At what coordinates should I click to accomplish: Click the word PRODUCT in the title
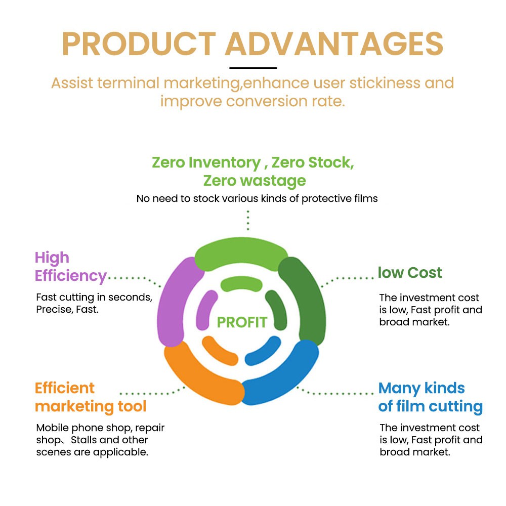139,44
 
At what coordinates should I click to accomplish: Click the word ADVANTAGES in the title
334,44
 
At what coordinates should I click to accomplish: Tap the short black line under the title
253,68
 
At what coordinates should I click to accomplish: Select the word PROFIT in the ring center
242,322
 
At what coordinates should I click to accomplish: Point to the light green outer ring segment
241,254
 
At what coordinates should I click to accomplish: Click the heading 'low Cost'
410,273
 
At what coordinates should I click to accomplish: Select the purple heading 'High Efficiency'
71,267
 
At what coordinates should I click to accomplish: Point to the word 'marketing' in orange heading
74,406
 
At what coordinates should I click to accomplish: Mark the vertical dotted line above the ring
248,220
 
